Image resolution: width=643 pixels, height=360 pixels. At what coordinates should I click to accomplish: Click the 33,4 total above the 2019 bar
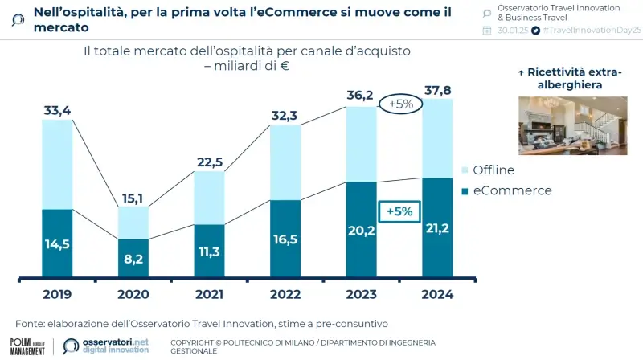click(57, 109)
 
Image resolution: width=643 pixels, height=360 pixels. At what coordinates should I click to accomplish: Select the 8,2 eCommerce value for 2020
click(133, 260)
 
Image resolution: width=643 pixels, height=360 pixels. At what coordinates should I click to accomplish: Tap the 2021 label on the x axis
click(209, 295)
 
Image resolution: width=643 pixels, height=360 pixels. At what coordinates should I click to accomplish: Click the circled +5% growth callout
click(400, 104)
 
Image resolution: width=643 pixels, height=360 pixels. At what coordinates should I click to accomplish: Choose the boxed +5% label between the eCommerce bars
click(399, 211)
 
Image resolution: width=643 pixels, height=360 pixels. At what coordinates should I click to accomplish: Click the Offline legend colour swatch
click(464, 170)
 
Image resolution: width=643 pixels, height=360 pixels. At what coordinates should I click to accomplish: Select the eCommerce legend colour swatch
click(464, 191)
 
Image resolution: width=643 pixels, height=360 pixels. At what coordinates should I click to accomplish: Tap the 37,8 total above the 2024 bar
click(437, 88)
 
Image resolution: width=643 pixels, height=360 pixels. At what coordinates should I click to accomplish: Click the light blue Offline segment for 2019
click(57, 164)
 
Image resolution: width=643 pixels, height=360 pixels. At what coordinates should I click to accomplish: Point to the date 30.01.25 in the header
click(512, 30)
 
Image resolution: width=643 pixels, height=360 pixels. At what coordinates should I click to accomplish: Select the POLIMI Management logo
click(27, 346)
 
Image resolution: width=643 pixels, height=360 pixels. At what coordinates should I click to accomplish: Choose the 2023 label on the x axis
click(361, 295)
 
